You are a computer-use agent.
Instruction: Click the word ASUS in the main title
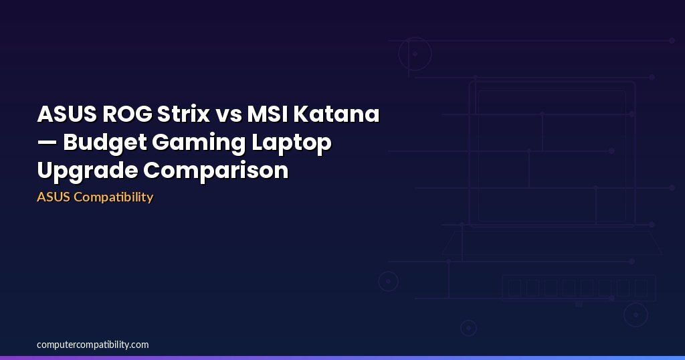[67, 114]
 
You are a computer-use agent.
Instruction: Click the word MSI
[267, 114]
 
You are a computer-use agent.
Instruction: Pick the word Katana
[336, 114]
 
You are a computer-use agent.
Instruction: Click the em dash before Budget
[47, 143]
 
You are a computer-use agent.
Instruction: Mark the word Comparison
[216, 171]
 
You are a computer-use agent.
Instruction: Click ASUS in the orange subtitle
[54, 197]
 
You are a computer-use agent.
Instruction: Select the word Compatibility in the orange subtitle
[114, 197]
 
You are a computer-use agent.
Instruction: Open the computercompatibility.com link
[92, 345]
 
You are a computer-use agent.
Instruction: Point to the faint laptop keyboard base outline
[552, 242]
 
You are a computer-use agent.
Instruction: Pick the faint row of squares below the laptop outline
[579, 288]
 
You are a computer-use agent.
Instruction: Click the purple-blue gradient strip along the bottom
[342, 358]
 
